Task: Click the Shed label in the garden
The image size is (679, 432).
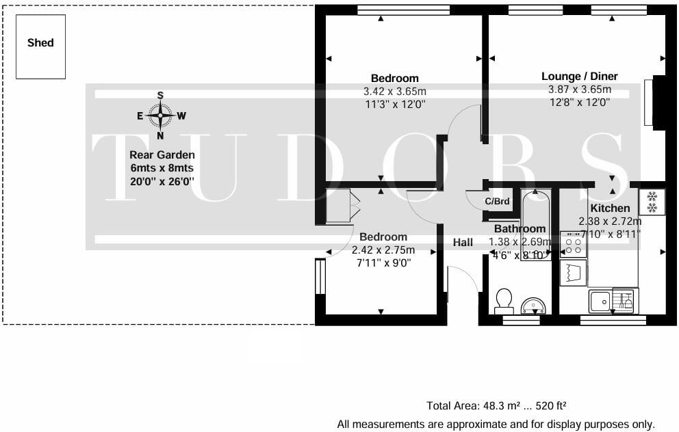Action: tap(40, 42)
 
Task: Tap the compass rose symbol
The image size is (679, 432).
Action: tap(160, 116)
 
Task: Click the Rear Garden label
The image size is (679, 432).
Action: tap(162, 155)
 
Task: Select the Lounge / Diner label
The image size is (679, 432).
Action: tap(579, 76)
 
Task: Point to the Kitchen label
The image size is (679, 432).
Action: tap(610, 208)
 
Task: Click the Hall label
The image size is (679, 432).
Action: tap(463, 242)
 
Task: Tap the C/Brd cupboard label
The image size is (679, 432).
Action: tap(498, 201)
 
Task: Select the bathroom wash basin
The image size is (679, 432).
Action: tap(533, 305)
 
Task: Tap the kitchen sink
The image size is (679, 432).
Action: tap(601, 299)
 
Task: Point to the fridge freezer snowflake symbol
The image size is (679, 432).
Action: tap(652, 202)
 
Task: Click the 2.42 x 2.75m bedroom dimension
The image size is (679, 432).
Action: tap(384, 249)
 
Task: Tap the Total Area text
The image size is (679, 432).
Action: tap(496, 405)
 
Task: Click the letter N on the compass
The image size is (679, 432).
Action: tap(160, 135)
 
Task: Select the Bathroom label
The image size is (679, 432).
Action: tap(520, 228)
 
